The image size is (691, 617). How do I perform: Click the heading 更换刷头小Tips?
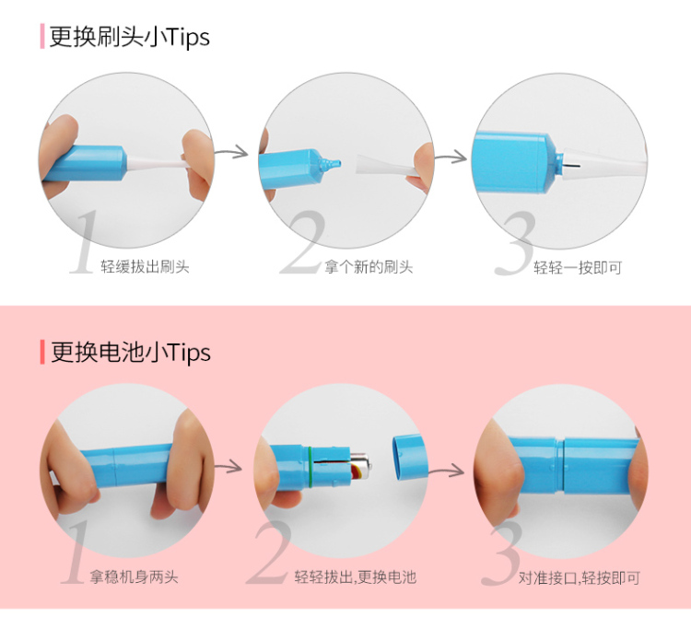[x=130, y=37]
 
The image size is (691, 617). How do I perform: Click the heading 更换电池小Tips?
[x=131, y=352]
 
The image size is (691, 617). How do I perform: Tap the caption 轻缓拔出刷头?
[x=145, y=267]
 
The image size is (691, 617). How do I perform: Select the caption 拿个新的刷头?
[x=369, y=267]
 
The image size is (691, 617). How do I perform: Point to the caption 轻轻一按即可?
[x=578, y=267]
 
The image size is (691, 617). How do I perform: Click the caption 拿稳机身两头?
[x=134, y=576]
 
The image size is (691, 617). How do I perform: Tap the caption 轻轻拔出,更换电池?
[x=356, y=576]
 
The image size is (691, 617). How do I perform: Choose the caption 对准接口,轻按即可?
[x=580, y=577]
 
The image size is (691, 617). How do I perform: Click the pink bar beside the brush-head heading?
[x=42, y=37]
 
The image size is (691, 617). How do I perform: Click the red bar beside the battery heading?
[x=42, y=352]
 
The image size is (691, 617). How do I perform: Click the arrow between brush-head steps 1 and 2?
[x=232, y=152]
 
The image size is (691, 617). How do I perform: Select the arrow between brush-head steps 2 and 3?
[x=451, y=156]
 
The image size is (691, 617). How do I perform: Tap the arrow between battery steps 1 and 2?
[x=228, y=466]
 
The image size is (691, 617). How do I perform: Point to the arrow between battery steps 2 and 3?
[x=447, y=471]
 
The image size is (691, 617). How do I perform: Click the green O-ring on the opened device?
[x=311, y=467]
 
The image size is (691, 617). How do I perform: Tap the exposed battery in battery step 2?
[x=359, y=466]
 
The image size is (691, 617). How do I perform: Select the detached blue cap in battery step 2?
[x=410, y=457]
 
